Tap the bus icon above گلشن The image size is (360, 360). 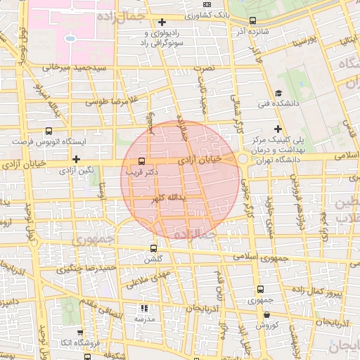(154, 248)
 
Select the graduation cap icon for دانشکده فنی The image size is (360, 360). (278, 94)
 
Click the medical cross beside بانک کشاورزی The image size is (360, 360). (163, 22)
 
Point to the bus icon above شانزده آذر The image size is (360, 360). (252, 21)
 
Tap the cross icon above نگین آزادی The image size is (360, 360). (76, 159)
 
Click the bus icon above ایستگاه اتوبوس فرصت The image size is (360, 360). (49, 131)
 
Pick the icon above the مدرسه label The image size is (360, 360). (143, 308)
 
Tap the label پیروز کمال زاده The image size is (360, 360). (314, 290)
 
